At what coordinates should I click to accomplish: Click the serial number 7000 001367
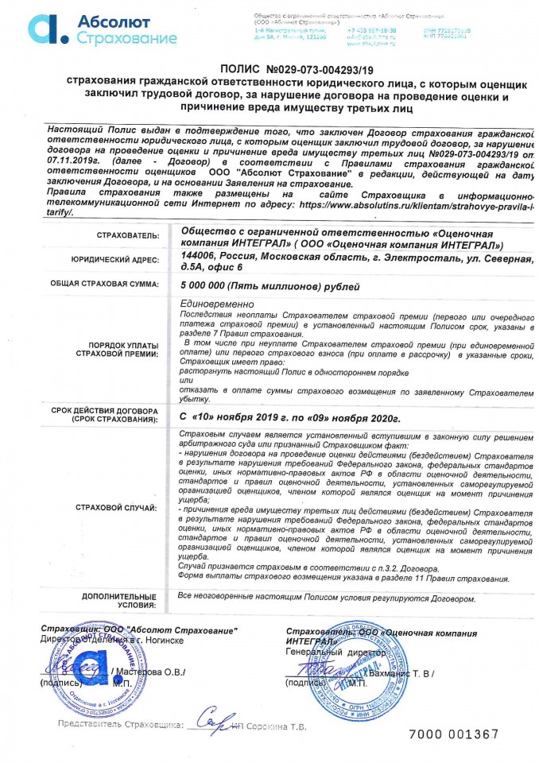click(x=453, y=734)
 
